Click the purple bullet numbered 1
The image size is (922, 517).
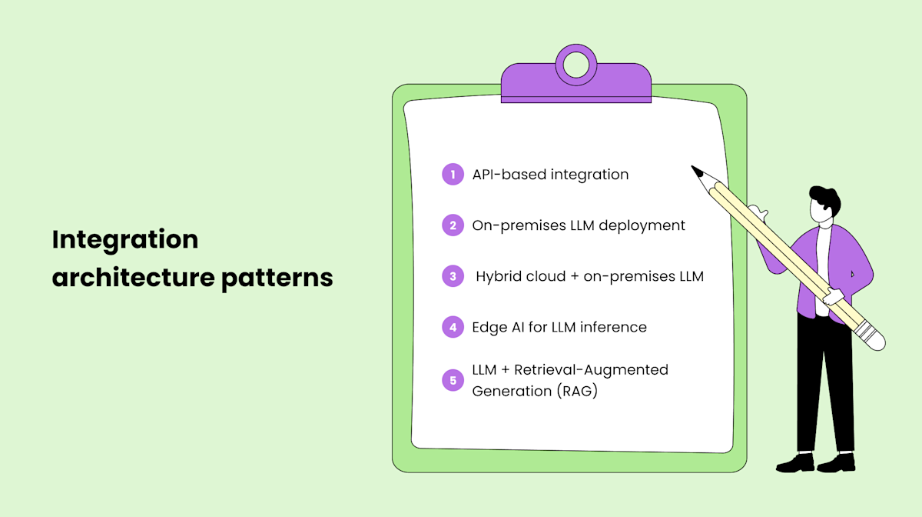click(453, 175)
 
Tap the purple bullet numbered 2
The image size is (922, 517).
click(453, 225)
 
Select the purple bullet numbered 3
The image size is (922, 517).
click(453, 276)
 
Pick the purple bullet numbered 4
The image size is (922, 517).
click(453, 327)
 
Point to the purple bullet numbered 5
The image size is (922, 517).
click(453, 380)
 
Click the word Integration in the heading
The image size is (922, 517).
click(125, 240)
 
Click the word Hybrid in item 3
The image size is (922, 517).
click(500, 276)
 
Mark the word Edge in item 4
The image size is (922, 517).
click(489, 327)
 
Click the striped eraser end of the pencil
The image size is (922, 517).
click(870, 336)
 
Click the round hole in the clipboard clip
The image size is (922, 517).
click(575, 65)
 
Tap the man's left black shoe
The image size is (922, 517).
click(796, 463)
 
